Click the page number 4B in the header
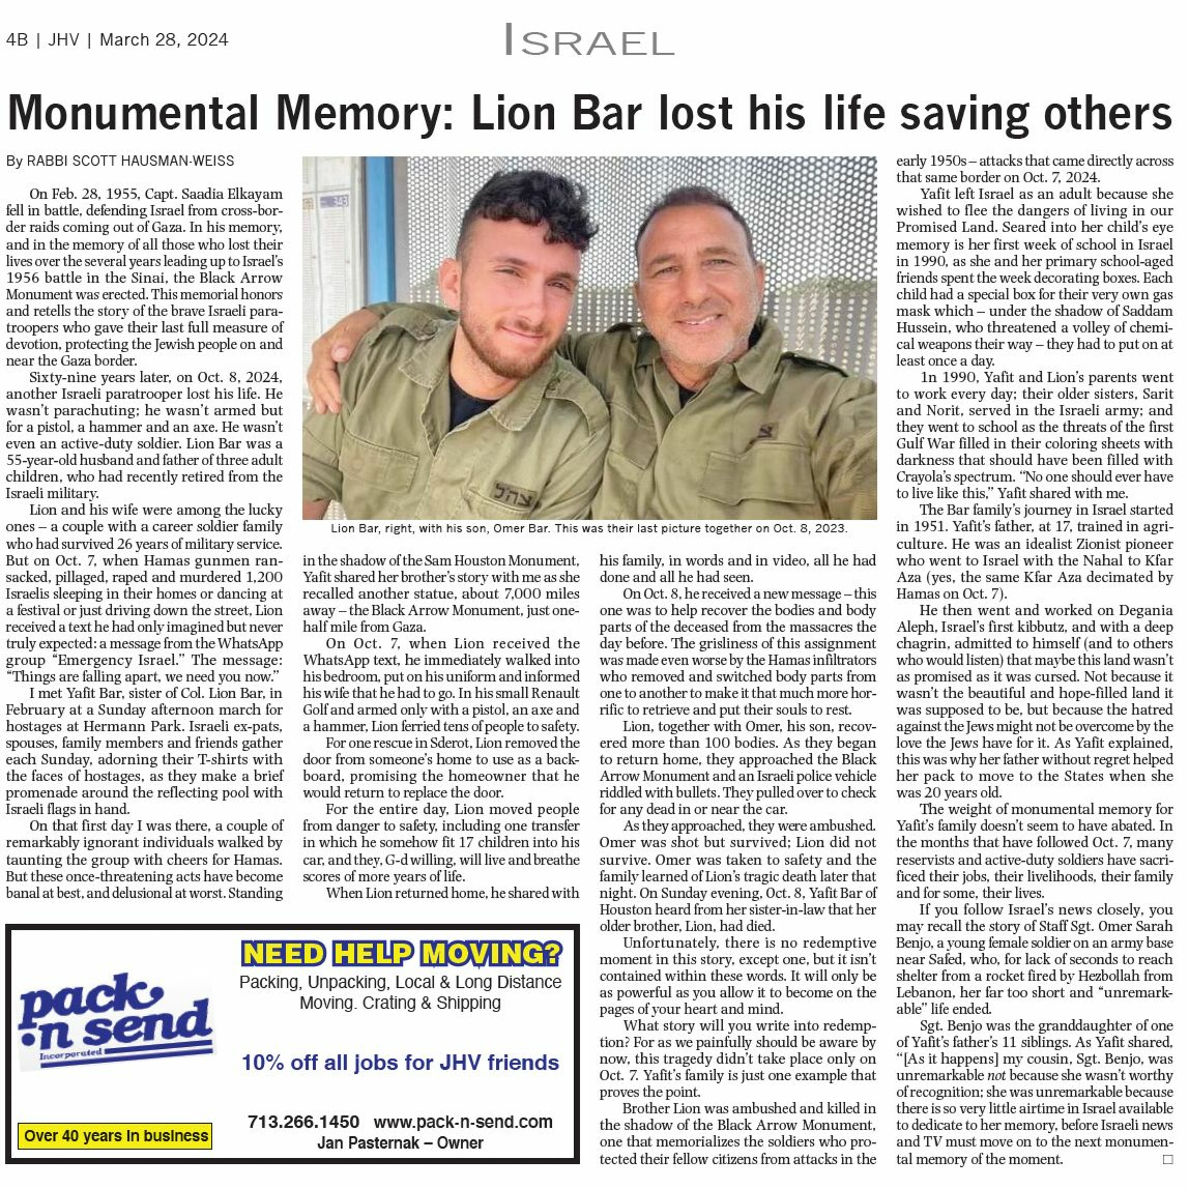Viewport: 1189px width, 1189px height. pos(17,40)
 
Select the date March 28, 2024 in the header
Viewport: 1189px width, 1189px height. pos(164,40)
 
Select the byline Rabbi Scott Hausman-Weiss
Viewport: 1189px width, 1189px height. pos(120,161)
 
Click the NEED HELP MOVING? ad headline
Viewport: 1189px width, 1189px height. pos(401,954)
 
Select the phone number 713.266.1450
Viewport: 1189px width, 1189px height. pos(304,1122)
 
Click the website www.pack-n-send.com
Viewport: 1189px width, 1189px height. pos(463,1122)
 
